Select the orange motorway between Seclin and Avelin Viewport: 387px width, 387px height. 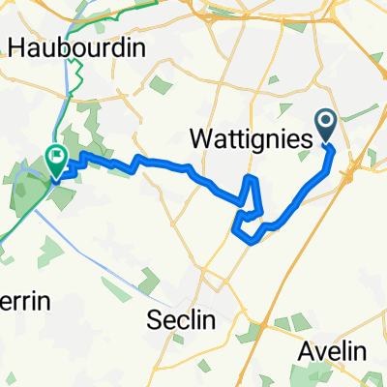[281, 290]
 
